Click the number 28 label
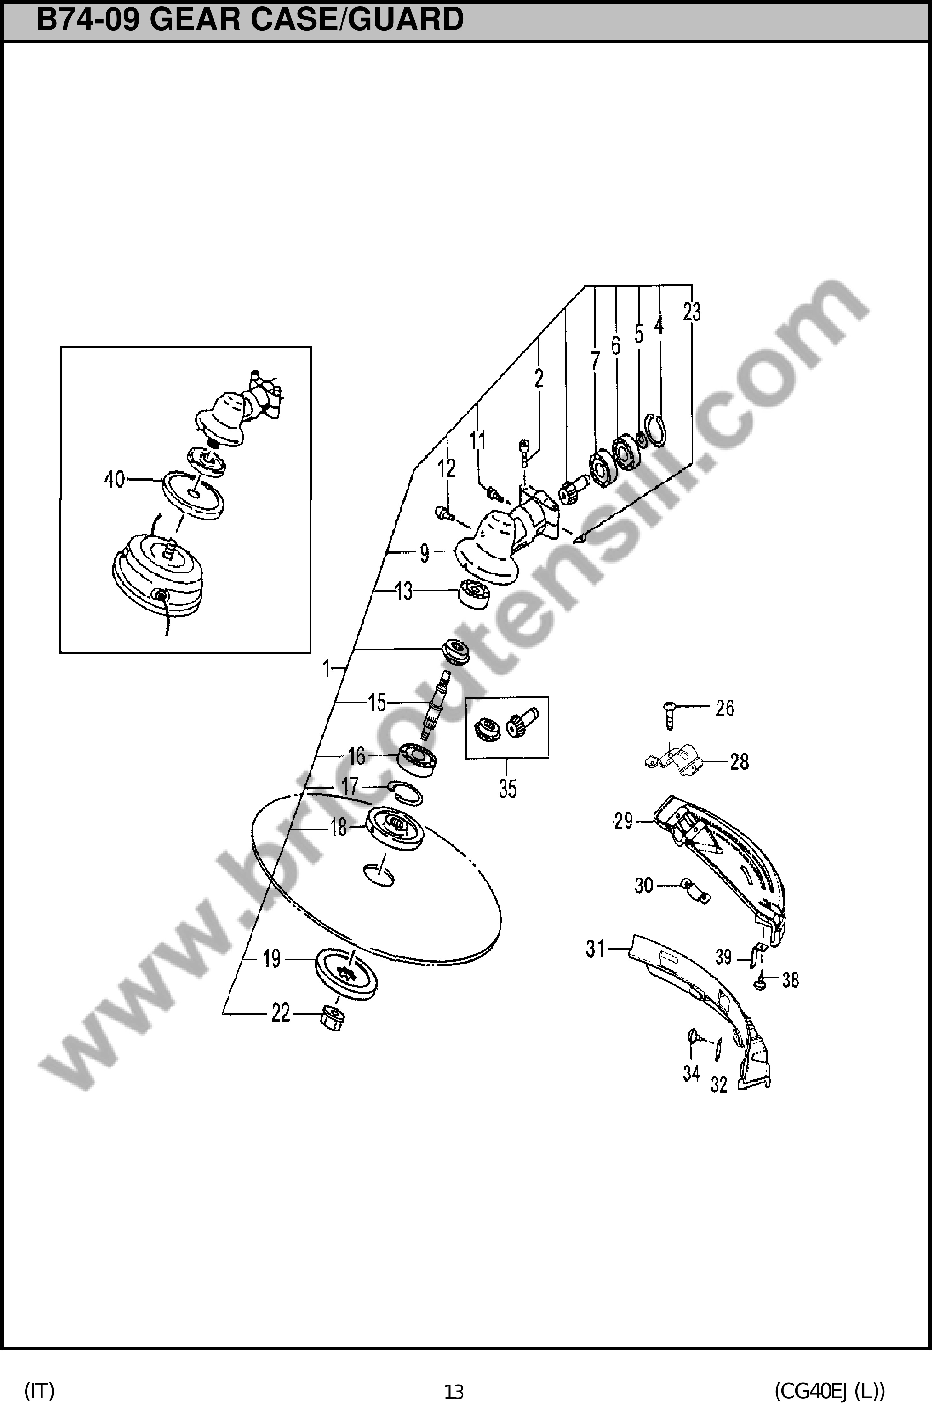[739, 762]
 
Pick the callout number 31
[596, 949]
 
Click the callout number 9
[425, 553]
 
